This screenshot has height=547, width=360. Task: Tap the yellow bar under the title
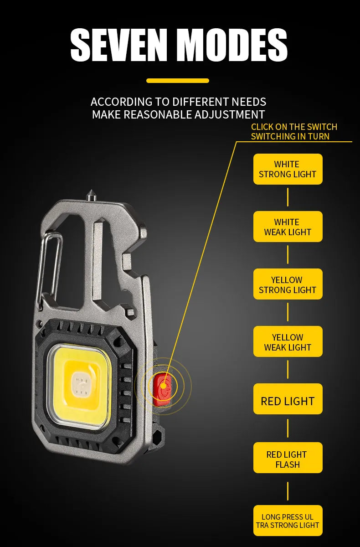point(178,81)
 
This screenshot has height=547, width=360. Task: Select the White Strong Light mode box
point(288,169)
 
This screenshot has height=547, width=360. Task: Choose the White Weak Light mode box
point(288,227)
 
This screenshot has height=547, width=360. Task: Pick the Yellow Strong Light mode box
point(288,284)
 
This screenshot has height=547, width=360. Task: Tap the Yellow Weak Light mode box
point(288,342)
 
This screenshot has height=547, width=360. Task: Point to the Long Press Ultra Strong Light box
point(288,521)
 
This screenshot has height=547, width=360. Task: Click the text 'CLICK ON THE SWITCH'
point(294,127)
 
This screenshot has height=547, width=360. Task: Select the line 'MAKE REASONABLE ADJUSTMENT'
point(178,114)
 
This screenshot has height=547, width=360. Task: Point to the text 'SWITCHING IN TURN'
point(290,136)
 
